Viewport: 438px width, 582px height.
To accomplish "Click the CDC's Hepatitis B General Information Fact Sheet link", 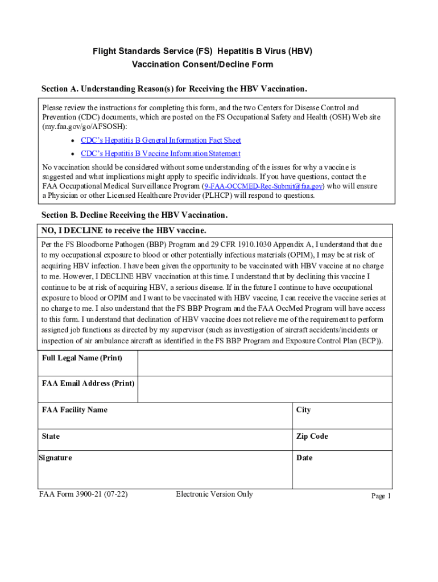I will click(x=161, y=140).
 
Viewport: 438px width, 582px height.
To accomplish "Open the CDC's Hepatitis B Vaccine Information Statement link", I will click(x=160, y=154).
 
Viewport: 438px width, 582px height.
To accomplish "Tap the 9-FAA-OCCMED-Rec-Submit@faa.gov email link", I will click(x=263, y=186).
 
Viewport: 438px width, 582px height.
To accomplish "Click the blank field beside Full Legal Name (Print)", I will click(x=265, y=364).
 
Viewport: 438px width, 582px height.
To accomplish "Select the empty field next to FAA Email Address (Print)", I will click(x=265, y=389).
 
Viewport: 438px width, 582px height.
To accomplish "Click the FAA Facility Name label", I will click(x=75, y=410).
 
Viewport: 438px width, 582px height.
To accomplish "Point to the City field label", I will click(x=303, y=410).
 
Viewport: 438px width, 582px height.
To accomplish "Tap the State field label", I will click(x=51, y=436).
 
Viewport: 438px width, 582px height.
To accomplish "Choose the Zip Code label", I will click(x=312, y=436).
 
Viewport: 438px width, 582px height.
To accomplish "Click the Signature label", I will click(x=55, y=458).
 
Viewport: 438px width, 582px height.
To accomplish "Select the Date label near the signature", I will click(x=304, y=458).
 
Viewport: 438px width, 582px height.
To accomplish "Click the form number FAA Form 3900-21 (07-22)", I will click(x=83, y=494).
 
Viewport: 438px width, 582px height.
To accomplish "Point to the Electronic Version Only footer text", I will click(x=214, y=494).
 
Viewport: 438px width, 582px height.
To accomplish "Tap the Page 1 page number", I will click(x=381, y=496).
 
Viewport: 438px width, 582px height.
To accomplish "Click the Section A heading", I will click(x=174, y=89).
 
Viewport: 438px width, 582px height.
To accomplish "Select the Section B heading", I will click(x=134, y=215).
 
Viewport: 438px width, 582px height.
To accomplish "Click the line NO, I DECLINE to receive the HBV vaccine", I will click(x=124, y=230).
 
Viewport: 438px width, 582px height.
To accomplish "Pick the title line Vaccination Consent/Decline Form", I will click(x=203, y=64).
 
